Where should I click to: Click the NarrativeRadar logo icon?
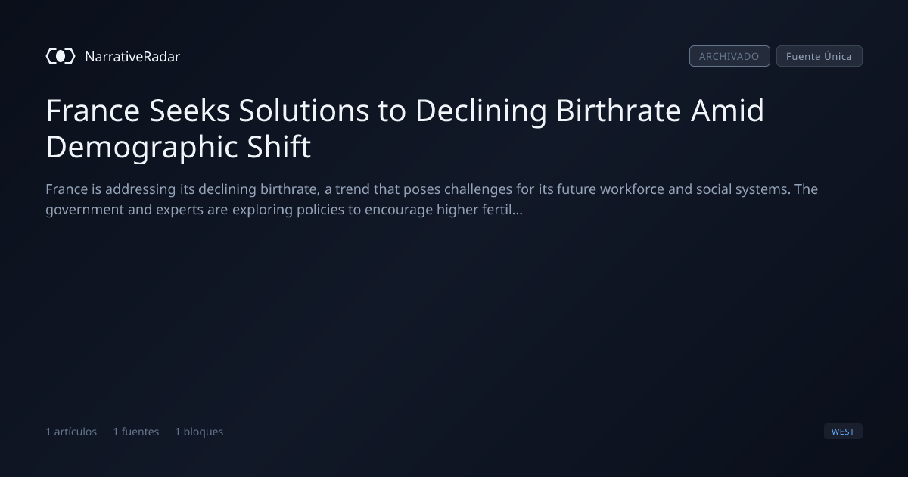coord(61,56)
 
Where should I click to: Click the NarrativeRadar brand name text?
coord(132,57)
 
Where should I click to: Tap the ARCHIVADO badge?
coord(729,56)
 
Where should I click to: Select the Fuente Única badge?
coord(819,56)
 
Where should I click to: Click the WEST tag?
coord(843,432)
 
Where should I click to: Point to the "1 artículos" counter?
coord(71,432)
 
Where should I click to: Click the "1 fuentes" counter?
coord(136,432)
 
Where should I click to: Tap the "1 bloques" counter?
coord(199,432)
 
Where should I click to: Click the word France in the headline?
coord(93,111)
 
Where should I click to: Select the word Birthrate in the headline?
coord(618,111)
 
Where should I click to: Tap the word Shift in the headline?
coord(279,146)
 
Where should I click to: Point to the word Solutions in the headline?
coord(304,111)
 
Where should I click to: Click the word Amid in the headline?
coord(727,111)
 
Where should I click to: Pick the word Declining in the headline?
coord(481,111)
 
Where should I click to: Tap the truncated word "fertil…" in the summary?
coord(500,210)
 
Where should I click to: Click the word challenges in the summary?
coord(478,190)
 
